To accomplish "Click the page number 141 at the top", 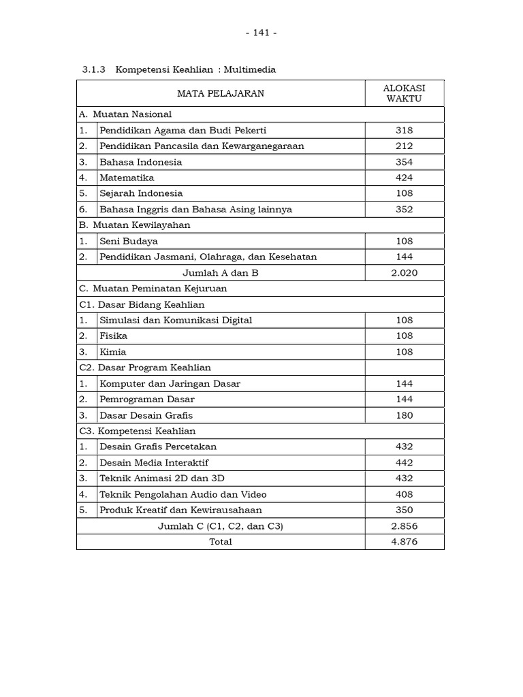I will pos(261,33).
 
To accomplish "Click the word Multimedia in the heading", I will pos(252,69).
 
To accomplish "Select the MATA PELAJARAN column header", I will pos(221,93).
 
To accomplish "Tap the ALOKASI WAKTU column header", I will pos(404,93).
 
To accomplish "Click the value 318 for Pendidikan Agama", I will pos(404,130).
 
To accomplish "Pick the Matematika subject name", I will pos(127,178).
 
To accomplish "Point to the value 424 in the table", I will pos(404,178).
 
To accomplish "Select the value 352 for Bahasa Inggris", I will pos(404,210).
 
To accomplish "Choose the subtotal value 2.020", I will pos(404,273).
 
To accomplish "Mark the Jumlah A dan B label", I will pos(221,273).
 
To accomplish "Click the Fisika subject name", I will pos(113,336).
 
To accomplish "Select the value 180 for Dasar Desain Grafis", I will pos(404,415).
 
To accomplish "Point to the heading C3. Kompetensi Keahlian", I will pos(138,431).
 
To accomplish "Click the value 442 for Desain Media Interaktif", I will pos(404,463).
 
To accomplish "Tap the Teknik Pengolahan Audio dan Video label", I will pos(183,494).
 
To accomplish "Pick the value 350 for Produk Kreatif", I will pos(404,510).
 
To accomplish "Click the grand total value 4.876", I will pos(404,542).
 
